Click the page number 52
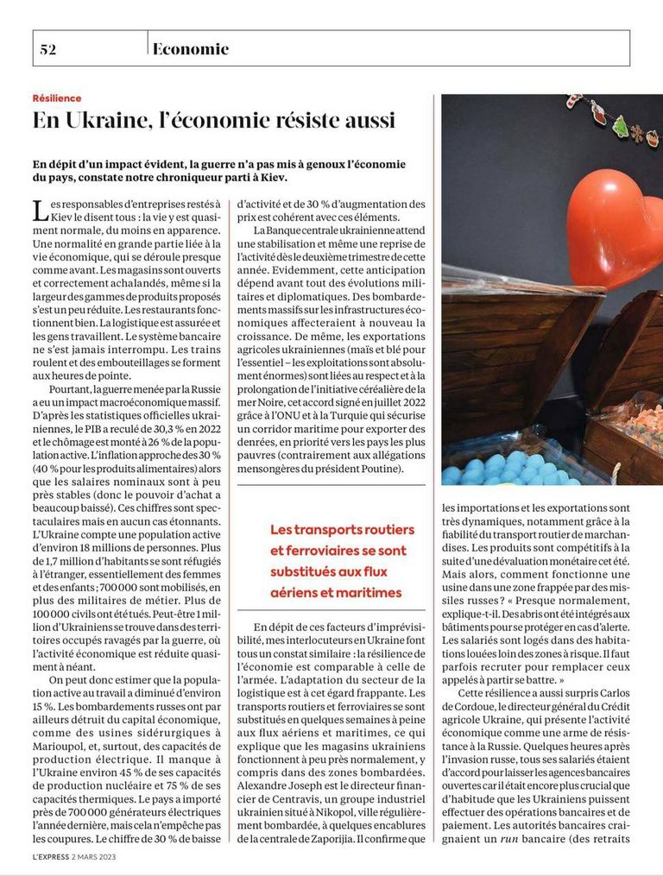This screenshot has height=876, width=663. point(47,49)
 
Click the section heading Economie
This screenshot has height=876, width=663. point(191,49)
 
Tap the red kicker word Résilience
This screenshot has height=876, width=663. point(57,98)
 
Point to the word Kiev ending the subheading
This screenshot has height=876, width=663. point(268,178)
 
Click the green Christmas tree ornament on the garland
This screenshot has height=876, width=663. point(620,126)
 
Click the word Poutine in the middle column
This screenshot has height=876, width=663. point(375,469)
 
